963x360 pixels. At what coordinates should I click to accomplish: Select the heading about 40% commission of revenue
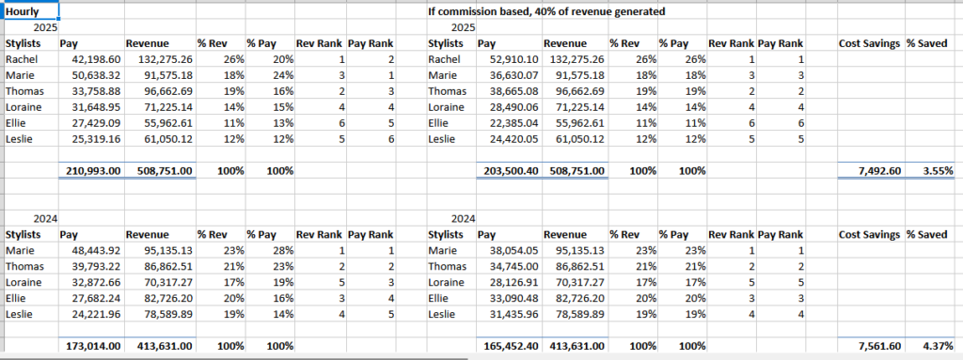click(545, 11)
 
